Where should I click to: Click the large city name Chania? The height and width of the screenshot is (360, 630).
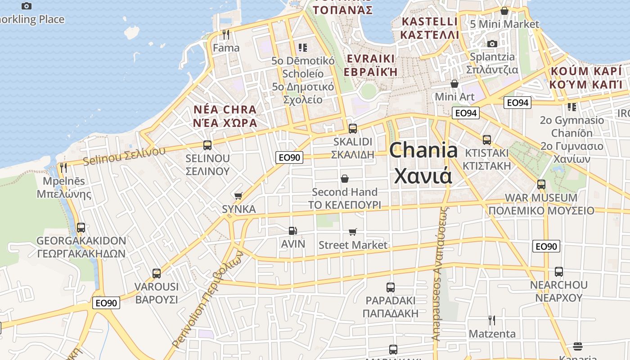click(423, 150)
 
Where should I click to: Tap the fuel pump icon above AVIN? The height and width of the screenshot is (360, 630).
click(293, 231)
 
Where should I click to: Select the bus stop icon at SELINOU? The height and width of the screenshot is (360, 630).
click(207, 145)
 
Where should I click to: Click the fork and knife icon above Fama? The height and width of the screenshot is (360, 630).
click(226, 35)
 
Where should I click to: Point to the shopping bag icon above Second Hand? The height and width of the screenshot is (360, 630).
click(345, 179)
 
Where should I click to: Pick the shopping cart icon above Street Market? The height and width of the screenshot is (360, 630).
click(353, 232)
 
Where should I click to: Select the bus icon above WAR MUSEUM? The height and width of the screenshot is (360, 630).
click(541, 184)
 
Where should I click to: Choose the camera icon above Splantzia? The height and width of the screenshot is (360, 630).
click(492, 44)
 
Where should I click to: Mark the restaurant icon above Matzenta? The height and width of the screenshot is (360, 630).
click(492, 320)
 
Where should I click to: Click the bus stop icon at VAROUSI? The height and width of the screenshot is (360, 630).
click(157, 273)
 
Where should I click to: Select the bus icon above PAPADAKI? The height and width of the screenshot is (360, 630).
click(391, 287)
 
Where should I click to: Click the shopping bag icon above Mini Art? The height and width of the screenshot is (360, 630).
click(454, 84)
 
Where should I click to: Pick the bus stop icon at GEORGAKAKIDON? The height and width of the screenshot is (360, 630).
click(81, 227)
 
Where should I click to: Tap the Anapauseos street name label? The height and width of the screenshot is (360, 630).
click(441, 274)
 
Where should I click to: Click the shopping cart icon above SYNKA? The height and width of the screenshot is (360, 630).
click(238, 196)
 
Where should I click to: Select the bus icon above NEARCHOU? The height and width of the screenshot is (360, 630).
click(558, 271)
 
